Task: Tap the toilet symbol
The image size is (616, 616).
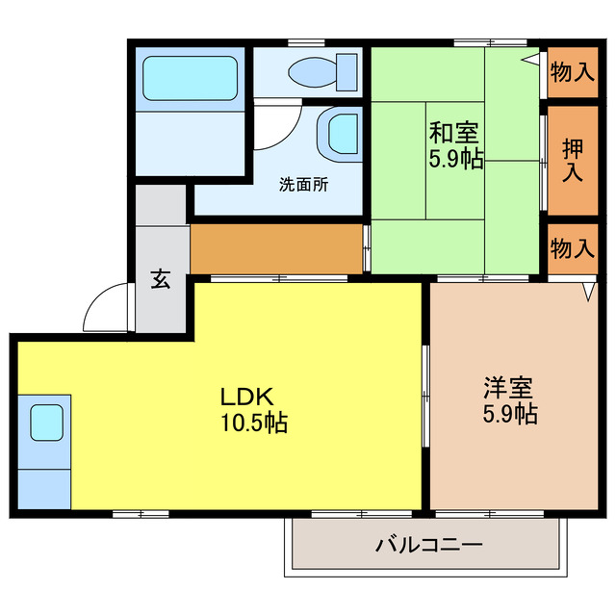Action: (x=322, y=71)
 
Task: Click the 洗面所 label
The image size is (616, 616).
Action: (x=303, y=184)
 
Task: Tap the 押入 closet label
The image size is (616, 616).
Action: (x=573, y=160)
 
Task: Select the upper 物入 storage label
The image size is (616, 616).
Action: (x=572, y=73)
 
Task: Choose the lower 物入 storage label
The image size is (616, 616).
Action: (x=572, y=248)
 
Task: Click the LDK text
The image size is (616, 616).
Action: (x=249, y=396)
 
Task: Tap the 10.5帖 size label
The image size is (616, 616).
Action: (x=253, y=422)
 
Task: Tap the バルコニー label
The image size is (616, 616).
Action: (x=427, y=546)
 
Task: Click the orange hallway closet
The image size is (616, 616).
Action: (x=276, y=248)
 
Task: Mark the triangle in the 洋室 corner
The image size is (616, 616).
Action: (x=588, y=289)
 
